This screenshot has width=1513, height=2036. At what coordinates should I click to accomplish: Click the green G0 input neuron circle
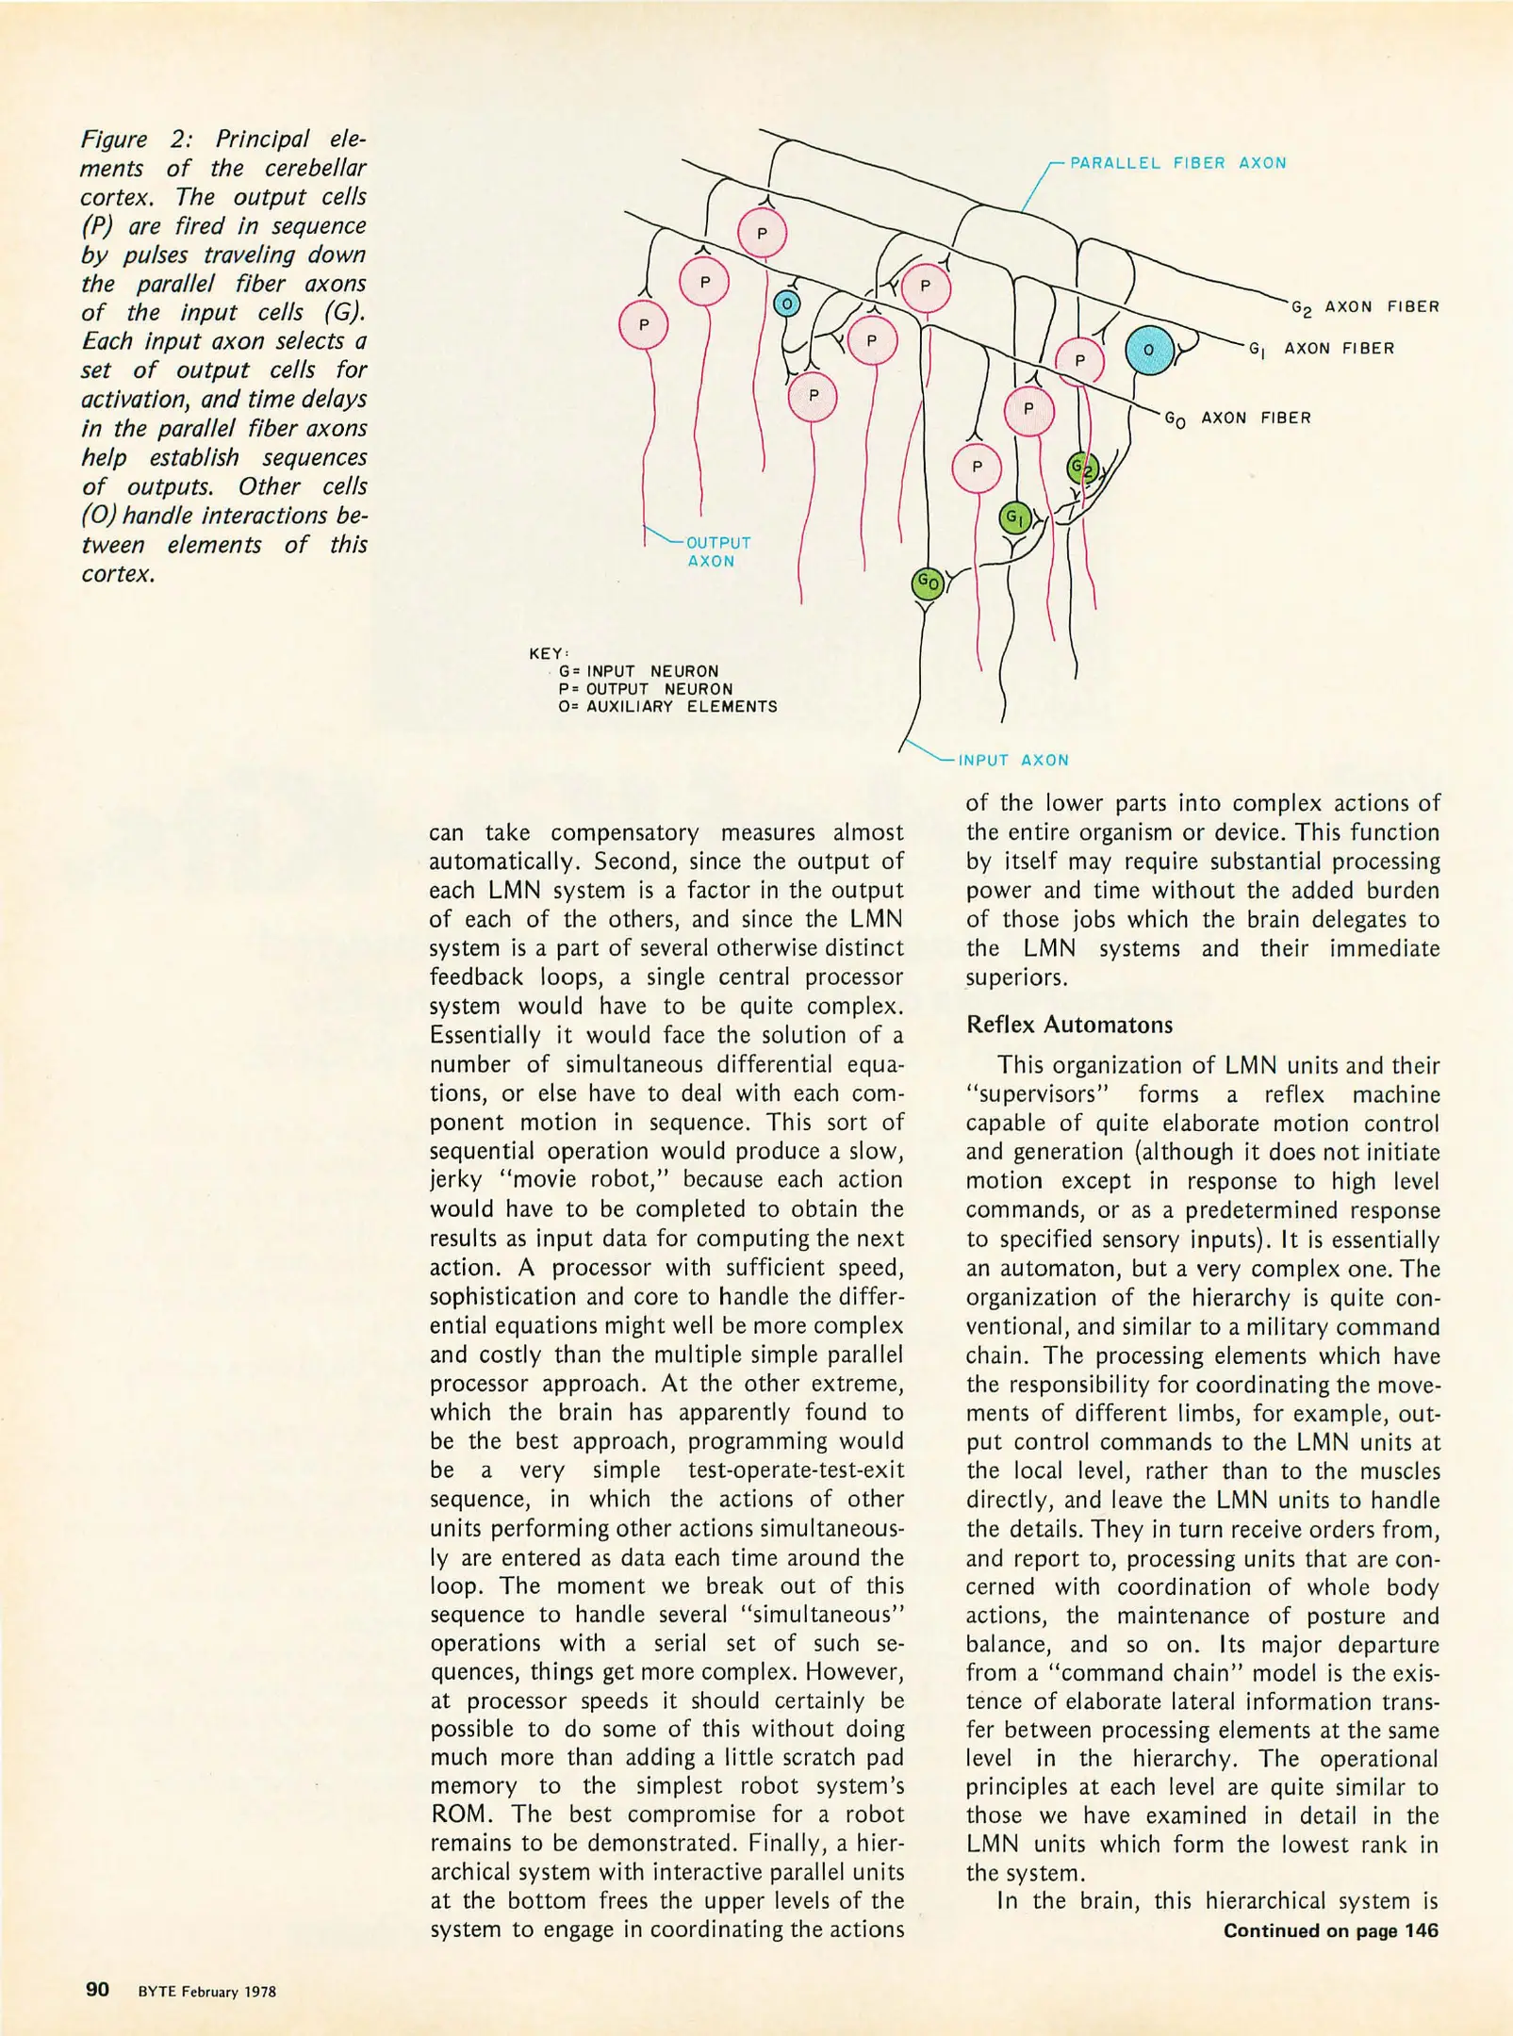pos(928,584)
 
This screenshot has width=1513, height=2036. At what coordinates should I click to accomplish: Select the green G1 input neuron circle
pos(1014,517)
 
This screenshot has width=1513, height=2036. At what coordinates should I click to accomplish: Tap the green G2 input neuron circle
pos(1082,468)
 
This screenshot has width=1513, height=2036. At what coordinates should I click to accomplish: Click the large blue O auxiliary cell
pos(1149,351)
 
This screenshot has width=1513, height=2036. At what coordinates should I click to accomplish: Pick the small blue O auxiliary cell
pos(786,304)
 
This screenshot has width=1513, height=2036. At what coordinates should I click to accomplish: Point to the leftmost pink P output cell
pos(644,325)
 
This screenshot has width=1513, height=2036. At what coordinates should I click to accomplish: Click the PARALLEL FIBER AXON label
pos(1177,163)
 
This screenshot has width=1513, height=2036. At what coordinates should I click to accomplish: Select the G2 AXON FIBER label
pos(1364,307)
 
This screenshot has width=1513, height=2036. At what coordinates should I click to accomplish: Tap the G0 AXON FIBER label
pos(1237,419)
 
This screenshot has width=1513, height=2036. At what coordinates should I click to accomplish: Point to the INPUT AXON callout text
pos(1013,760)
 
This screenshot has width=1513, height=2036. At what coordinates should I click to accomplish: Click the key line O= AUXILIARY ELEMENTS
pos(667,706)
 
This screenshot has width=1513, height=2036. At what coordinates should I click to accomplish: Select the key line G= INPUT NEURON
pos(638,671)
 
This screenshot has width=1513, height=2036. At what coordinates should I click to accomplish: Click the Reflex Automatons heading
pos(1069,1025)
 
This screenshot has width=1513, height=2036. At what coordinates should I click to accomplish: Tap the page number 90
pos(98,1990)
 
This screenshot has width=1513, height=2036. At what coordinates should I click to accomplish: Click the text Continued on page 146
pos(1330,1930)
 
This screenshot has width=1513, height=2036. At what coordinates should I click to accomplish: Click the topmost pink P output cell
pos(762,234)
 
